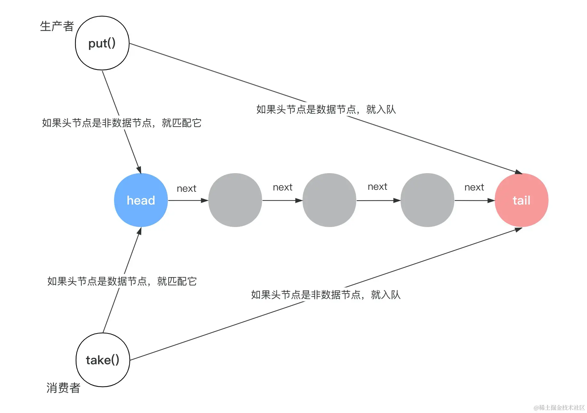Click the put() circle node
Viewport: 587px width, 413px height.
pyautogui.click(x=102, y=43)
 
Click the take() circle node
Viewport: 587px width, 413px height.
pyautogui.click(x=103, y=360)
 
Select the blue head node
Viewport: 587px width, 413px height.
pyautogui.click(x=141, y=200)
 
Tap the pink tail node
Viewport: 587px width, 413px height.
pyautogui.click(x=521, y=200)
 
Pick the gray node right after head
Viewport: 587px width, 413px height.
pyautogui.click(x=235, y=200)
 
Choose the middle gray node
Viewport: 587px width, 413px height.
pyautogui.click(x=329, y=200)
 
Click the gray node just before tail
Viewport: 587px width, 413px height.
pyautogui.click(x=427, y=200)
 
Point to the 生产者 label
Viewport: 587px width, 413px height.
pyautogui.click(x=57, y=26)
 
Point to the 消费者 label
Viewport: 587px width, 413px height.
pyautogui.click(x=63, y=388)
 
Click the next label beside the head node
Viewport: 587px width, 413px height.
pyautogui.click(x=186, y=189)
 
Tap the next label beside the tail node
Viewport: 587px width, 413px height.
pyautogui.click(x=474, y=187)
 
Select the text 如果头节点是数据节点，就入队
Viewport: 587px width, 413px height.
pyautogui.click(x=326, y=110)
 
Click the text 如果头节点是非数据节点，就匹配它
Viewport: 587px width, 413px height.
pyautogui.click(x=121, y=123)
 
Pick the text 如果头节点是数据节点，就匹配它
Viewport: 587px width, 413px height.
pyautogui.click(x=122, y=281)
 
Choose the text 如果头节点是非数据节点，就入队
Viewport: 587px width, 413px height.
pyautogui.click(x=326, y=295)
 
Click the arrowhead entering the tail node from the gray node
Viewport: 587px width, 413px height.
pyautogui.click(x=491, y=200)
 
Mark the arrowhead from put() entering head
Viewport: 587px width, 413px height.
pyautogui.click(x=139, y=170)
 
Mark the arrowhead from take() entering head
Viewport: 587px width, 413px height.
pyautogui.click(x=139, y=231)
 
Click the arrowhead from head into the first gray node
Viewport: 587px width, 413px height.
pyautogui.click(x=204, y=200)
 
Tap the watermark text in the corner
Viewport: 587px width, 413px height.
pyautogui.click(x=559, y=408)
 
